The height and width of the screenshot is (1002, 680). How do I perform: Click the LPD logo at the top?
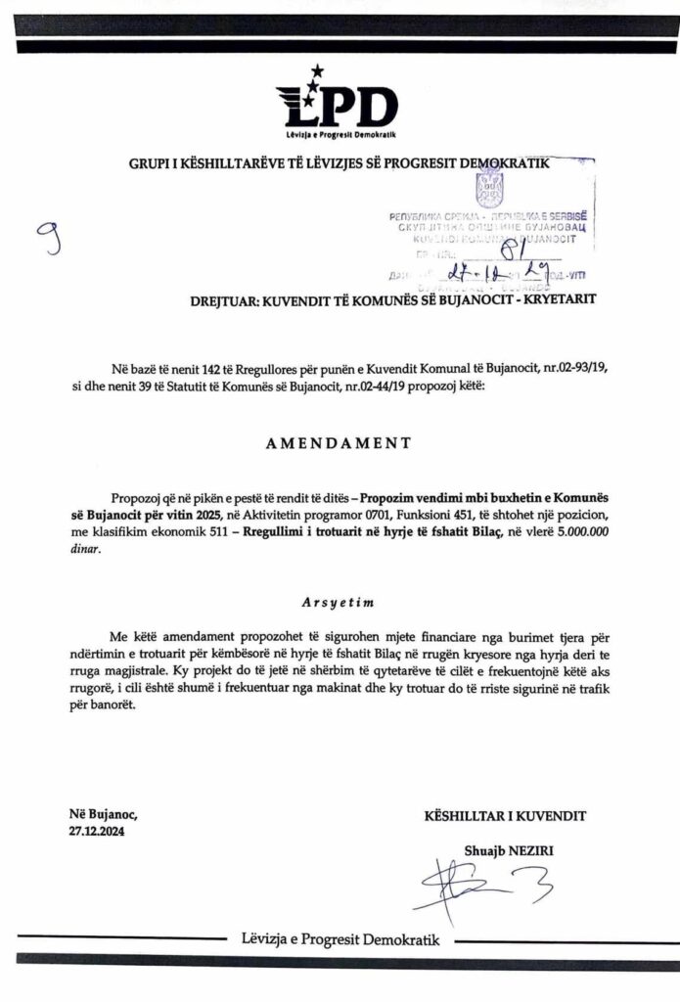click(339, 105)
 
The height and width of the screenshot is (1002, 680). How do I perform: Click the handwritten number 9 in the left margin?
click(47, 237)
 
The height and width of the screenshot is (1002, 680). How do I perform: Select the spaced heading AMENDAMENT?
click(339, 442)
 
